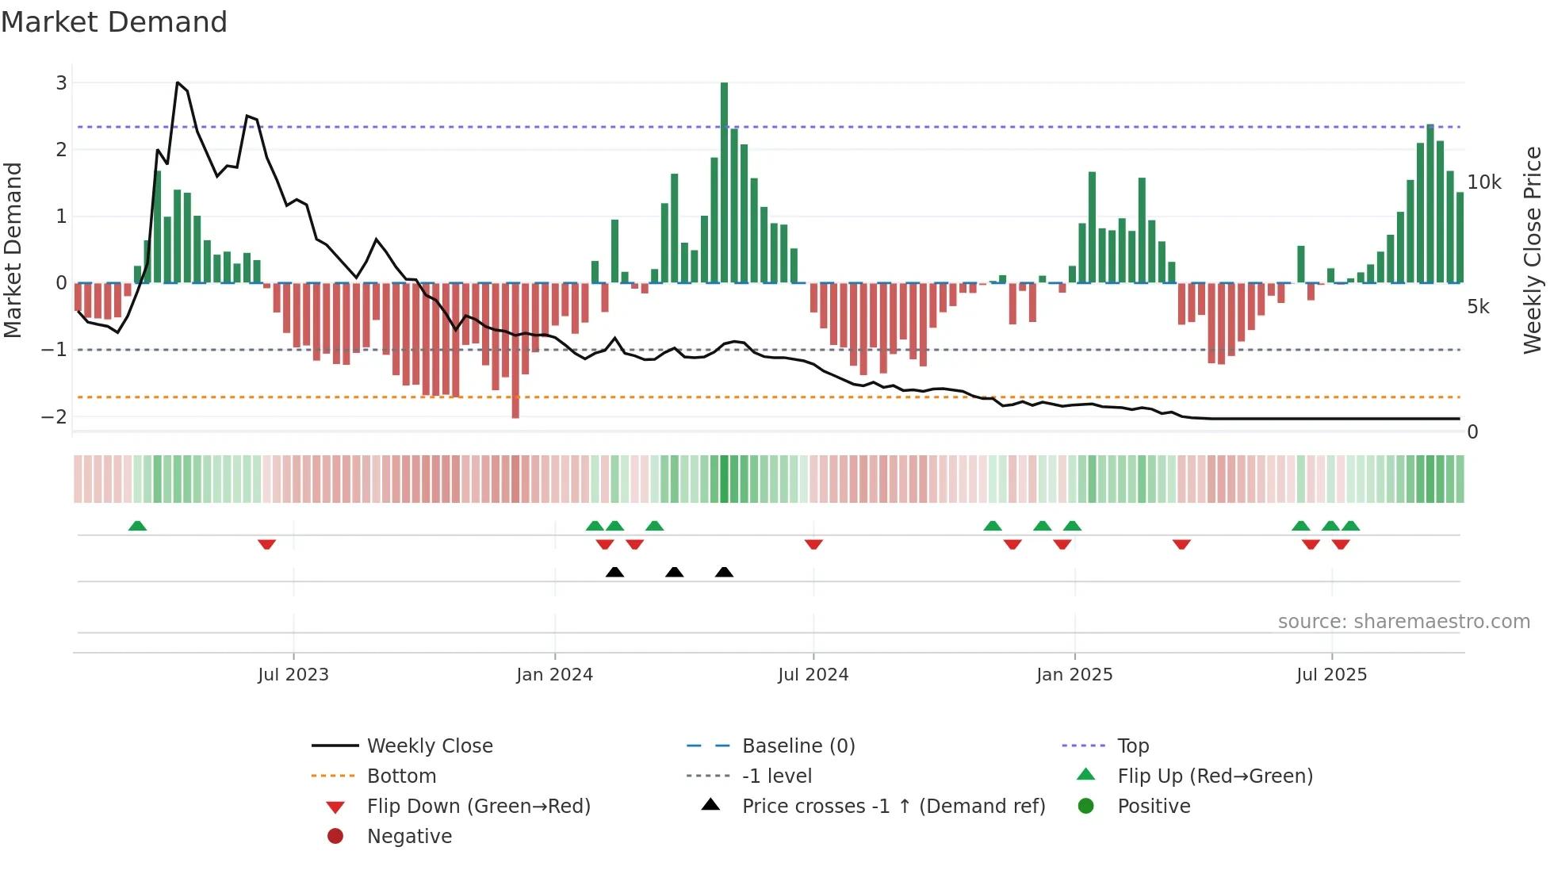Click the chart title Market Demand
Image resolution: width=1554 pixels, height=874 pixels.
tap(114, 22)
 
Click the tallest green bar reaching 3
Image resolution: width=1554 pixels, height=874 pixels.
tap(724, 182)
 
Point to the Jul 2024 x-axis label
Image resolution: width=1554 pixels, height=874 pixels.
tap(813, 675)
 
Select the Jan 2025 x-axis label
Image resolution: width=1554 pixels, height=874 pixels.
tap(1074, 675)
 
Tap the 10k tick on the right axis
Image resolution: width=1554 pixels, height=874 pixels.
tap(1484, 182)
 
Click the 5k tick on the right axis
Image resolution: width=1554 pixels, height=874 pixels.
tap(1478, 307)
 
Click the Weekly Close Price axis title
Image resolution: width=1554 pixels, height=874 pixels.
tap(1532, 249)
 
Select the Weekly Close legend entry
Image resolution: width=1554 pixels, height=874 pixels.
tap(429, 746)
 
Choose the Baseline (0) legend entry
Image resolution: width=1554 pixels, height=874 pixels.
tap(798, 746)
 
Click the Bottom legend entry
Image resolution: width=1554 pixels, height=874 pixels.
tap(401, 776)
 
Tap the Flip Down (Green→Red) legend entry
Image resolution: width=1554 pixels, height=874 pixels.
tap(478, 806)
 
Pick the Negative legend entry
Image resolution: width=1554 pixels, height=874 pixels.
tap(409, 836)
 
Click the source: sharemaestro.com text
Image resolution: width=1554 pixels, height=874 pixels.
tap(1403, 621)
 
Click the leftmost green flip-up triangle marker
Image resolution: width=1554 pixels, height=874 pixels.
tap(137, 526)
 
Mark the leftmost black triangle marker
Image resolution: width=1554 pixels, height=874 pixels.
tap(614, 572)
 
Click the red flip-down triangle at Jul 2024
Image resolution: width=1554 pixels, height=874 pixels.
tap(813, 544)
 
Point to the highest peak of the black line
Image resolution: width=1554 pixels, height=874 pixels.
tap(178, 82)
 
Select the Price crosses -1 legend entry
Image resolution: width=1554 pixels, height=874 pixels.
tap(893, 806)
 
